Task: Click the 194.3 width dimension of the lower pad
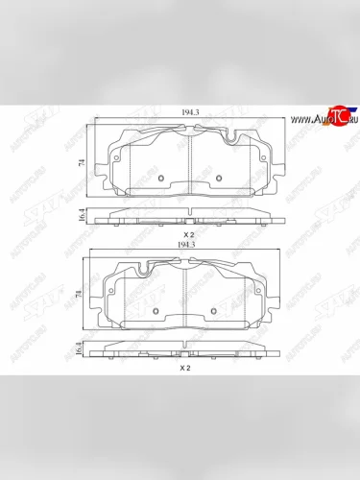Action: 187,247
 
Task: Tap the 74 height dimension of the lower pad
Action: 79,297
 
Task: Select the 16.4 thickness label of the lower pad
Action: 79,349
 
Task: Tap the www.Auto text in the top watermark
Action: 307,120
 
